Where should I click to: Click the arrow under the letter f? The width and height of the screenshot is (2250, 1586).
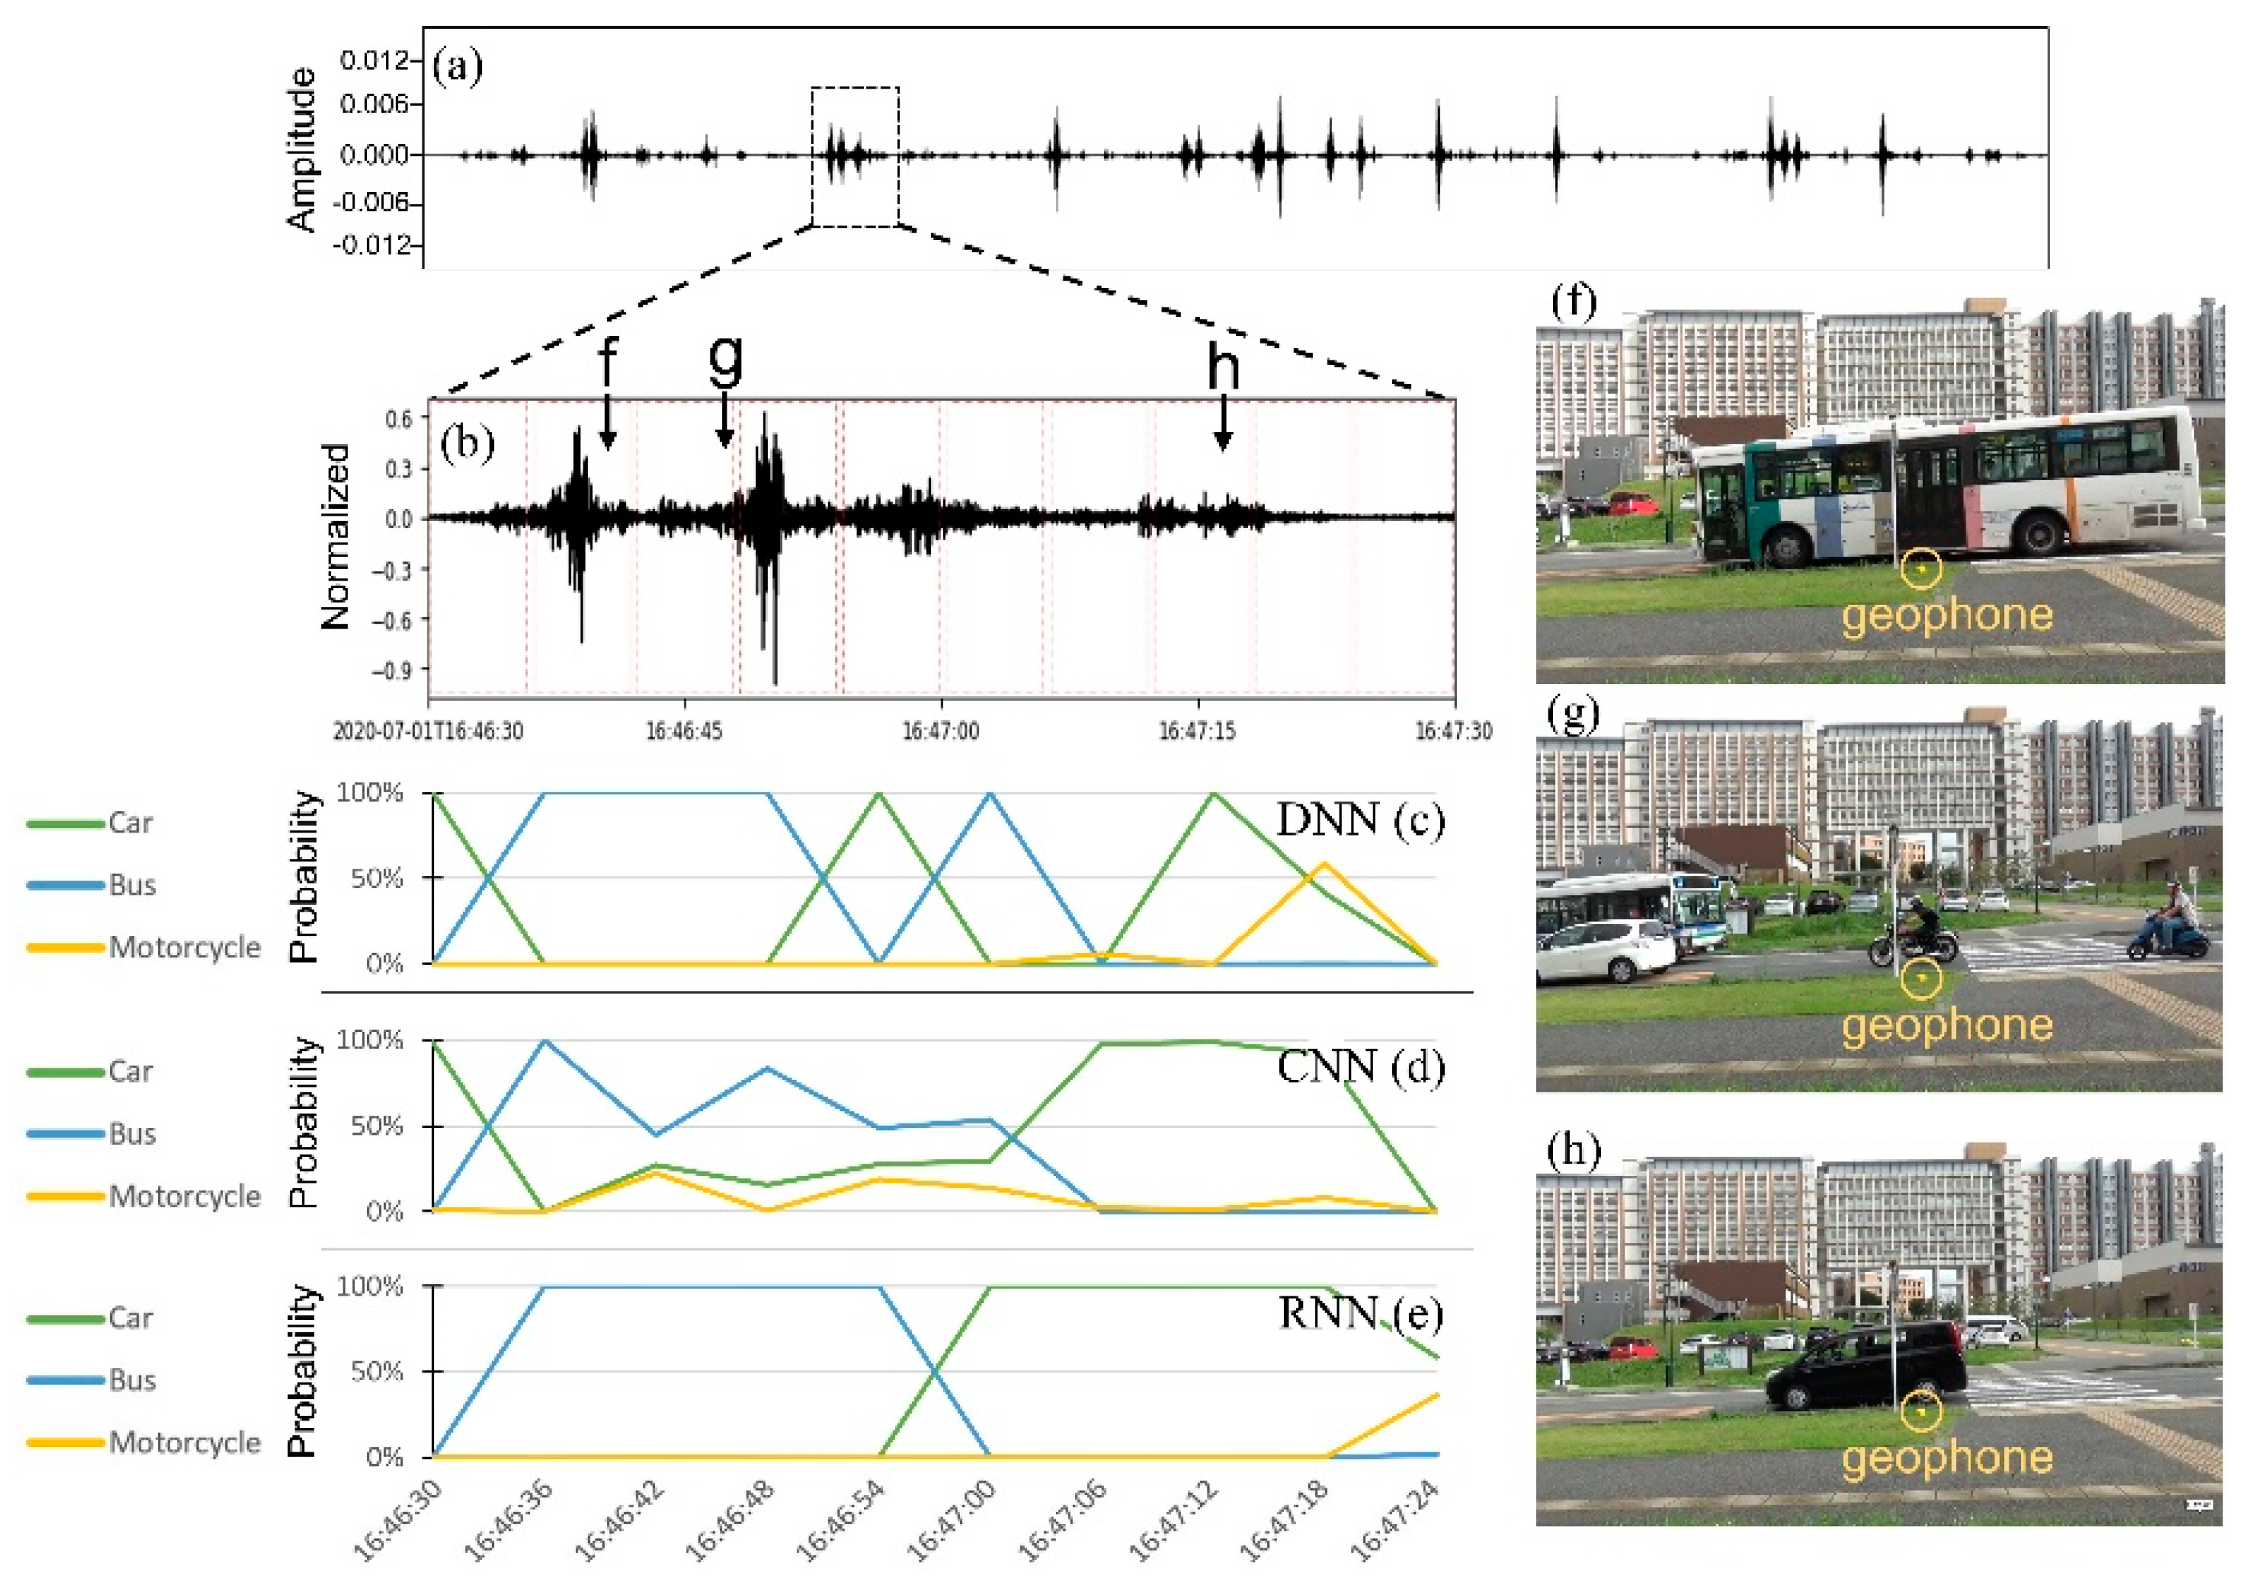pos(608,422)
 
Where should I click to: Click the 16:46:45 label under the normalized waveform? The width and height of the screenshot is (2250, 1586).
pos(684,731)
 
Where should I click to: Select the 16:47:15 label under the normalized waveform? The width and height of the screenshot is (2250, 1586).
pos(1198,731)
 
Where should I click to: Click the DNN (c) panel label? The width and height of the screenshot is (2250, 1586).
pos(1359,819)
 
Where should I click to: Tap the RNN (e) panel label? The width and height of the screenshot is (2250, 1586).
pos(1359,1313)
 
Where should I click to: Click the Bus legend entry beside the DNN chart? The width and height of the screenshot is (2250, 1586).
pos(131,885)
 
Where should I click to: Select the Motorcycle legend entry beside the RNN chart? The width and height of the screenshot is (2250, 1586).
pos(184,1443)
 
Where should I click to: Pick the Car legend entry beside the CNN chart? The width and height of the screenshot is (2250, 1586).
pos(129,1071)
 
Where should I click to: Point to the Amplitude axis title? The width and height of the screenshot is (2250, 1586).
pos(303,149)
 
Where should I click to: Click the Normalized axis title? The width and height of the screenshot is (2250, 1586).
pos(336,536)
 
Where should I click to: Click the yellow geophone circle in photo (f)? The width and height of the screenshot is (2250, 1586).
pos(1921,570)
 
